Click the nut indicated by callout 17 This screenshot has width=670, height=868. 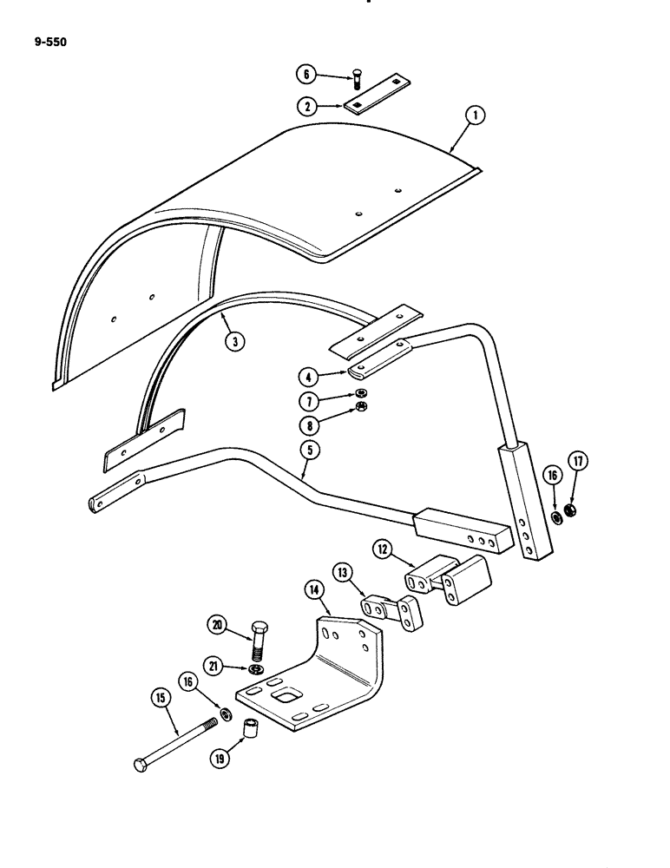coord(570,511)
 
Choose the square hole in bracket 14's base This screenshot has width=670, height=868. coord(283,696)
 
